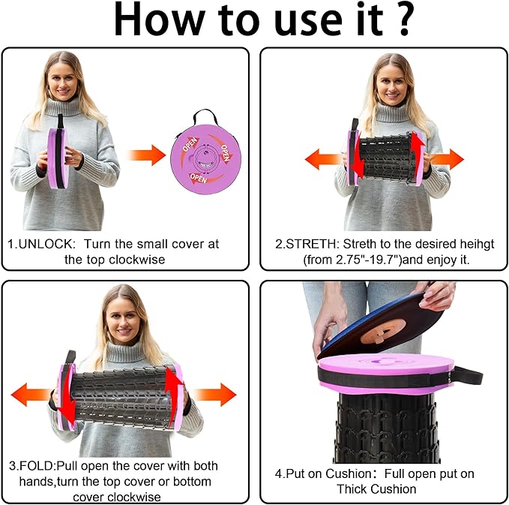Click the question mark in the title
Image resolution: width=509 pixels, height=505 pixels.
(x=404, y=20)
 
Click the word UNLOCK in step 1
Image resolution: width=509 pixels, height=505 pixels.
(x=46, y=244)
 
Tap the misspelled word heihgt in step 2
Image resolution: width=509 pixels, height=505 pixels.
(x=478, y=245)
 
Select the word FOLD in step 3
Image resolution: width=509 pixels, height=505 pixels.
(x=37, y=466)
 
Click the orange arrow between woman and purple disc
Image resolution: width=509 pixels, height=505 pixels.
(x=147, y=155)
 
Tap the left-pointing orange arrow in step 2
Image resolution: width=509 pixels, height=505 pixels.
(x=323, y=159)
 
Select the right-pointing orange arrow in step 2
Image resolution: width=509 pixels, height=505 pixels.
(x=448, y=160)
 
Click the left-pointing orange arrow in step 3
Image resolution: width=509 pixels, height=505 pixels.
(x=31, y=395)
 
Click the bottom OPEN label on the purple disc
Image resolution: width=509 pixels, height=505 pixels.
(x=199, y=178)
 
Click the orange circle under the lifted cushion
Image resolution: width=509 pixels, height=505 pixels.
(x=383, y=331)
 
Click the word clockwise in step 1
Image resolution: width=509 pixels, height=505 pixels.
(x=136, y=260)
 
